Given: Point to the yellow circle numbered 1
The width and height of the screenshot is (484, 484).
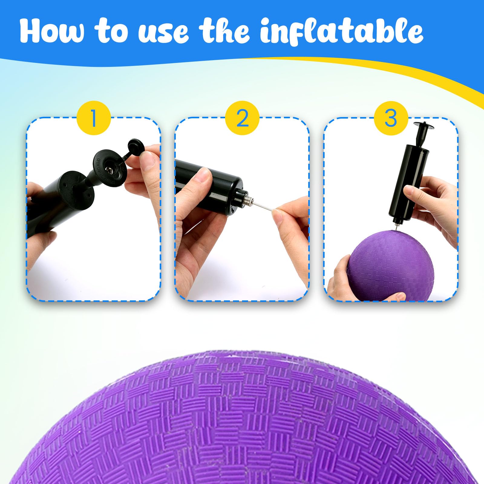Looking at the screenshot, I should [x=93, y=118].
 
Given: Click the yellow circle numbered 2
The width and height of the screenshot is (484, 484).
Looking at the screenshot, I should [x=242, y=118].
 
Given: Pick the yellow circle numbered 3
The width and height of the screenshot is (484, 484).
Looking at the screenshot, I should [x=391, y=118].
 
